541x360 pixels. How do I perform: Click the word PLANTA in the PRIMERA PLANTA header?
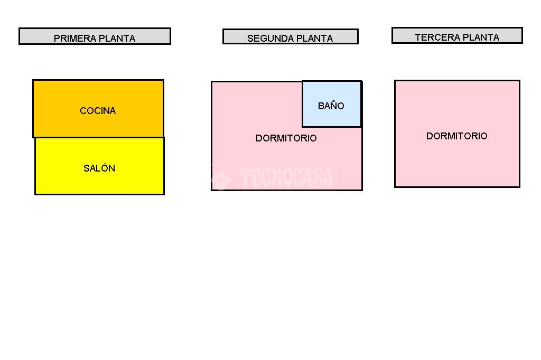click(117, 39)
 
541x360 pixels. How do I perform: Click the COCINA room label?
click(98, 111)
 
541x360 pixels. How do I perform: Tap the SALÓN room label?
click(99, 168)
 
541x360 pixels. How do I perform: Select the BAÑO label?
click(331, 106)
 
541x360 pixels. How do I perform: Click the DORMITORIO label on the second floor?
click(286, 138)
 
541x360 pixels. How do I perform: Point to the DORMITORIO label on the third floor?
click(457, 136)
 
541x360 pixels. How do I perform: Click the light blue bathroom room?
click(332, 104)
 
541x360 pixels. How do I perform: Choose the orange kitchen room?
click(98, 109)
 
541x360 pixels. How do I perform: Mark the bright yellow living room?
click(100, 166)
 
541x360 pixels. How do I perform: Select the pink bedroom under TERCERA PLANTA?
click(457, 134)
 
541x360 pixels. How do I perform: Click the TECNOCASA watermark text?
click(286, 177)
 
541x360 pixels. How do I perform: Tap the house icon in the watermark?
click(221, 179)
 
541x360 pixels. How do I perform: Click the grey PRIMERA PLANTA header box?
click(95, 36)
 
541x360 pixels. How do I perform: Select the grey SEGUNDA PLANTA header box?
click(291, 36)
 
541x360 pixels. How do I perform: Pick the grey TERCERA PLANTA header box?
click(457, 35)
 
